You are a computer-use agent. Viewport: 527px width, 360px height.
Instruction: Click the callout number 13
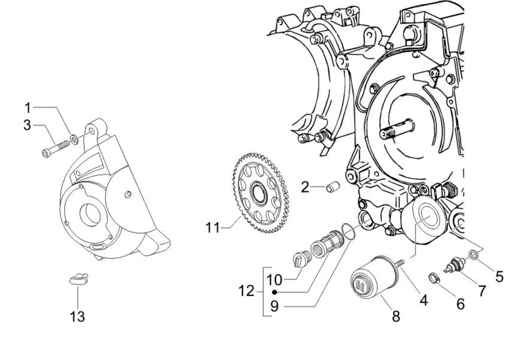[77, 316]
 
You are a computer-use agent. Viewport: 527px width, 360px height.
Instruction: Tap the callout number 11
[212, 227]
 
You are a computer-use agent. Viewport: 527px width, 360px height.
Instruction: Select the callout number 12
[246, 291]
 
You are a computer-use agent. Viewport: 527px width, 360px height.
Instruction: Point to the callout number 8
[396, 316]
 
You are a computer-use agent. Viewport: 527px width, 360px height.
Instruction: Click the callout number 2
[305, 187]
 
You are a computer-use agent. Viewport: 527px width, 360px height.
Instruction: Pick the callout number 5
[499, 277]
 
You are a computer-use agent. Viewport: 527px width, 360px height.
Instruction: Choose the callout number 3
[27, 125]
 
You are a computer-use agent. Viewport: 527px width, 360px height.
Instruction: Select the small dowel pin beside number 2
[333, 187]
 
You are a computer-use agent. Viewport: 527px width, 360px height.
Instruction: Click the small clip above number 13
[79, 278]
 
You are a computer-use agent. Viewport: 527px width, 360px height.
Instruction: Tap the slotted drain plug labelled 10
[300, 259]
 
